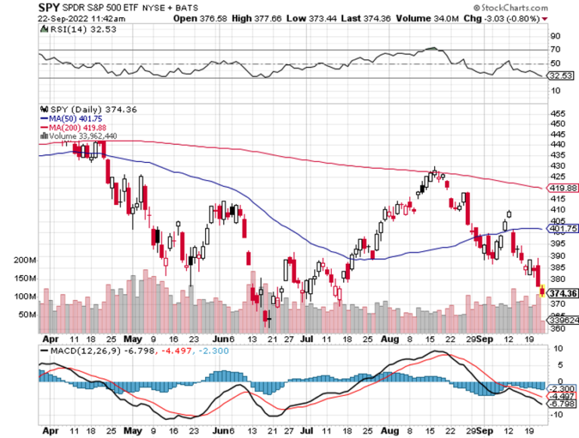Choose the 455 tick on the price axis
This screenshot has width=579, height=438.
coord(556,112)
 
